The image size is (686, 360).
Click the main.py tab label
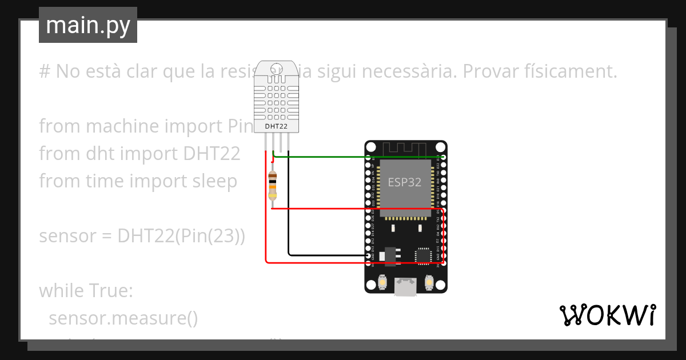coord(88,26)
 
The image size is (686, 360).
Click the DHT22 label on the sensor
coord(276,126)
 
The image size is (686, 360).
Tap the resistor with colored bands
coord(273,185)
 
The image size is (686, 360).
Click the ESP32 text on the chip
coord(405,182)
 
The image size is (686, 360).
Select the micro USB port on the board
coord(406,287)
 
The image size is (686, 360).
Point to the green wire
coord(326,155)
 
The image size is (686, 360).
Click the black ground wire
coord(289,217)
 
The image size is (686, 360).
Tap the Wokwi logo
coord(607,315)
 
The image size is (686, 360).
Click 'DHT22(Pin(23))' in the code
coord(181,236)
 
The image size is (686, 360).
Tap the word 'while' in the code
coord(60,291)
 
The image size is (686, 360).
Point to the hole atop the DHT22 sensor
coord(276,67)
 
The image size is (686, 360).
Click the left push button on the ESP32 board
coord(382,282)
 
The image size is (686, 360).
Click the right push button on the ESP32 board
coord(429,282)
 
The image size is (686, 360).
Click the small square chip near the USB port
coord(423,255)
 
